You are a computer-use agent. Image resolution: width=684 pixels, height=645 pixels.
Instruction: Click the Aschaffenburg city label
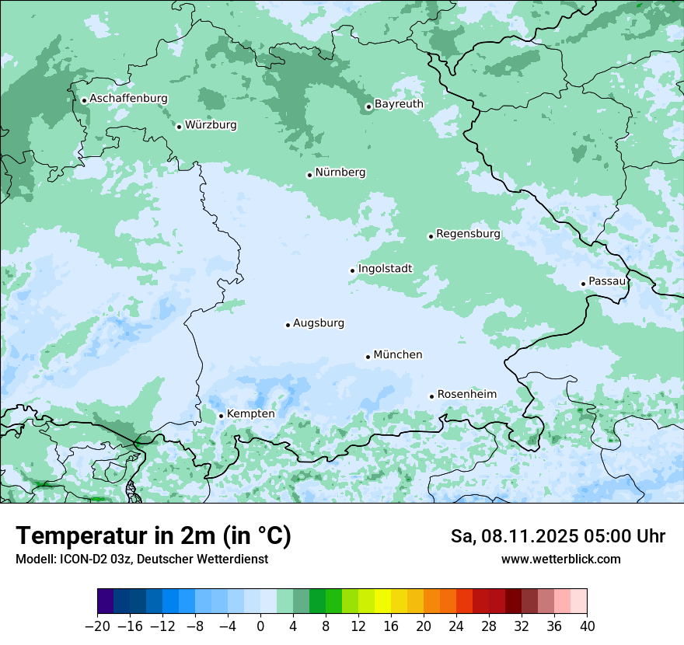pyautogui.click(x=128, y=99)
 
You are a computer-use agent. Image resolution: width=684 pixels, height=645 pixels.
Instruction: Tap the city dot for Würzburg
pyautogui.click(x=179, y=127)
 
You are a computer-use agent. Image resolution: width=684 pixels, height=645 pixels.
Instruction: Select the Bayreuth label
pyautogui.click(x=399, y=104)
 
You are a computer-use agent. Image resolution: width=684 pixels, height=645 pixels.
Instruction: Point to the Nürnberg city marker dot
pyautogui.click(x=309, y=175)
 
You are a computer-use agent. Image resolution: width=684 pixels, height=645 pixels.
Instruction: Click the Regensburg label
pyautogui.click(x=468, y=234)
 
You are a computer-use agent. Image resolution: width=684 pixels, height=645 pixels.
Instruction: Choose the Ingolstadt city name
pyautogui.click(x=385, y=269)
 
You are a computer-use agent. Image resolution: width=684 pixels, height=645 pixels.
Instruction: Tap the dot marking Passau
pyautogui.click(x=583, y=284)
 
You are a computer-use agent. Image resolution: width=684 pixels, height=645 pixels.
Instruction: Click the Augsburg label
pyautogui.click(x=319, y=323)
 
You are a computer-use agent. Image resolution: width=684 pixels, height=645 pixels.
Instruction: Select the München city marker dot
pyautogui.click(x=368, y=357)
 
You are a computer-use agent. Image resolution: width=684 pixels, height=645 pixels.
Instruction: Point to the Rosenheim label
pyautogui.click(x=466, y=395)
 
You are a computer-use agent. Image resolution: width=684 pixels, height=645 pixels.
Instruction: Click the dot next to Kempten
pyautogui.click(x=221, y=416)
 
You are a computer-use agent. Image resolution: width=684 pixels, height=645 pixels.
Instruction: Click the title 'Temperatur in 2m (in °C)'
pyautogui.click(x=153, y=536)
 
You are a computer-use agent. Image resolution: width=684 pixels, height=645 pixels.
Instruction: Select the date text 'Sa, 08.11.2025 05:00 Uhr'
pyautogui.click(x=557, y=536)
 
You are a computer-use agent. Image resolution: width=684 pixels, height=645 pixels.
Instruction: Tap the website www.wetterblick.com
pyautogui.click(x=560, y=560)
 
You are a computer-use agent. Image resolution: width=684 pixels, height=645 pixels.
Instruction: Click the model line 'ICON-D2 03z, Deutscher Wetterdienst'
pyautogui.click(x=141, y=560)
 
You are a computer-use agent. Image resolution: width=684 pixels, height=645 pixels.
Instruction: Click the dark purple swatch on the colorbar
pyautogui.click(x=106, y=601)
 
